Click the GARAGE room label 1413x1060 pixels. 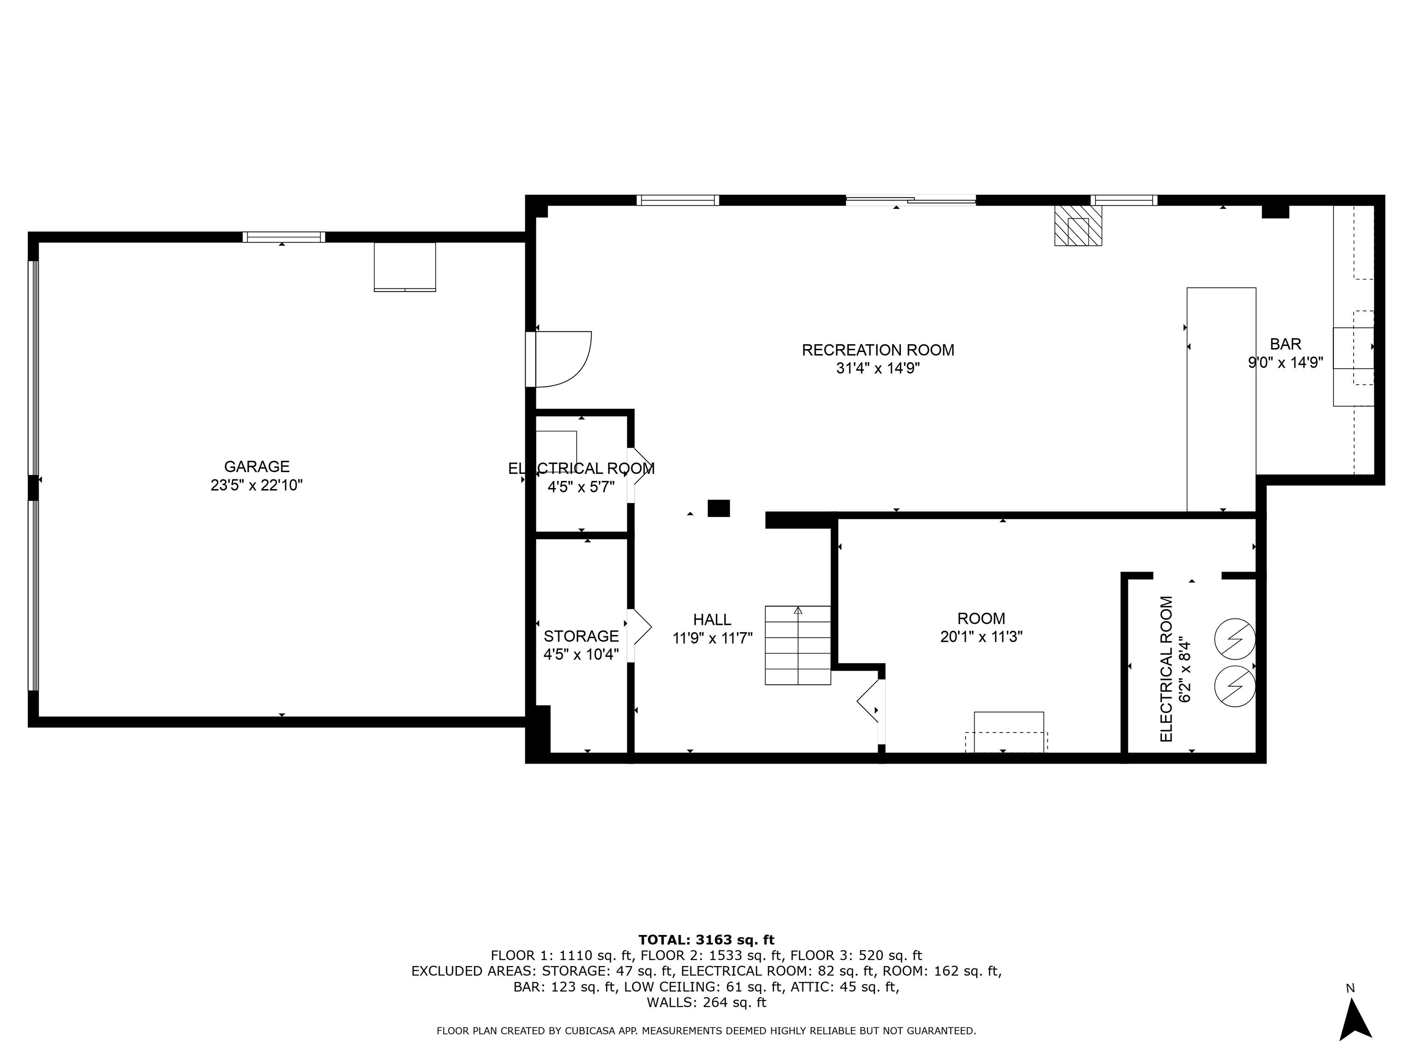[256, 467]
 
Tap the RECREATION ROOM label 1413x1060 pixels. [878, 350]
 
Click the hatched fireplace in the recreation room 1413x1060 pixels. [1078, 225]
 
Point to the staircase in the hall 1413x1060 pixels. [798, 645]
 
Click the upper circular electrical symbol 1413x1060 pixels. [1235, 638]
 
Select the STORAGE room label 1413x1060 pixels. [580, 636]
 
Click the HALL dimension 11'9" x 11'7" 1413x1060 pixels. [712, 638]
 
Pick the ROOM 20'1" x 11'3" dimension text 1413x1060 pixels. [981, 637]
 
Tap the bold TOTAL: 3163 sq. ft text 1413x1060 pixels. [706, 940]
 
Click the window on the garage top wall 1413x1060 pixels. [284, 237]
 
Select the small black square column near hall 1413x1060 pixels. [718, 508]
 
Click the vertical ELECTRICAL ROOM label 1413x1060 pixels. [1166, 669]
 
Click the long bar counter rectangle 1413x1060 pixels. [1221, 399]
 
